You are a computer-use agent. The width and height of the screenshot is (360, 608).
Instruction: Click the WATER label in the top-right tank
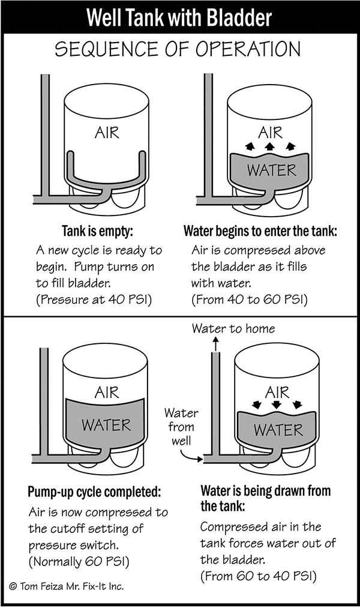click(x=270, y=170)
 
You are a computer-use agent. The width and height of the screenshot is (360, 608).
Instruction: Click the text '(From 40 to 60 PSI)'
click(x=249, y=298)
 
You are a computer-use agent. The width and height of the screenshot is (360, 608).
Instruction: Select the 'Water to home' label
click(x=233, y=328)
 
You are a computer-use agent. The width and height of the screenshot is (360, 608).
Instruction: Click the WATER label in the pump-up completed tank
click(x=106, y=426)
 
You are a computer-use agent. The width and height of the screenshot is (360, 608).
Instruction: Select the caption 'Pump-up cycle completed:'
click(x=94, y=493)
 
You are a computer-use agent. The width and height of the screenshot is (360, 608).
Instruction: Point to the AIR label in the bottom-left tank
click(x=108, y=393)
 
